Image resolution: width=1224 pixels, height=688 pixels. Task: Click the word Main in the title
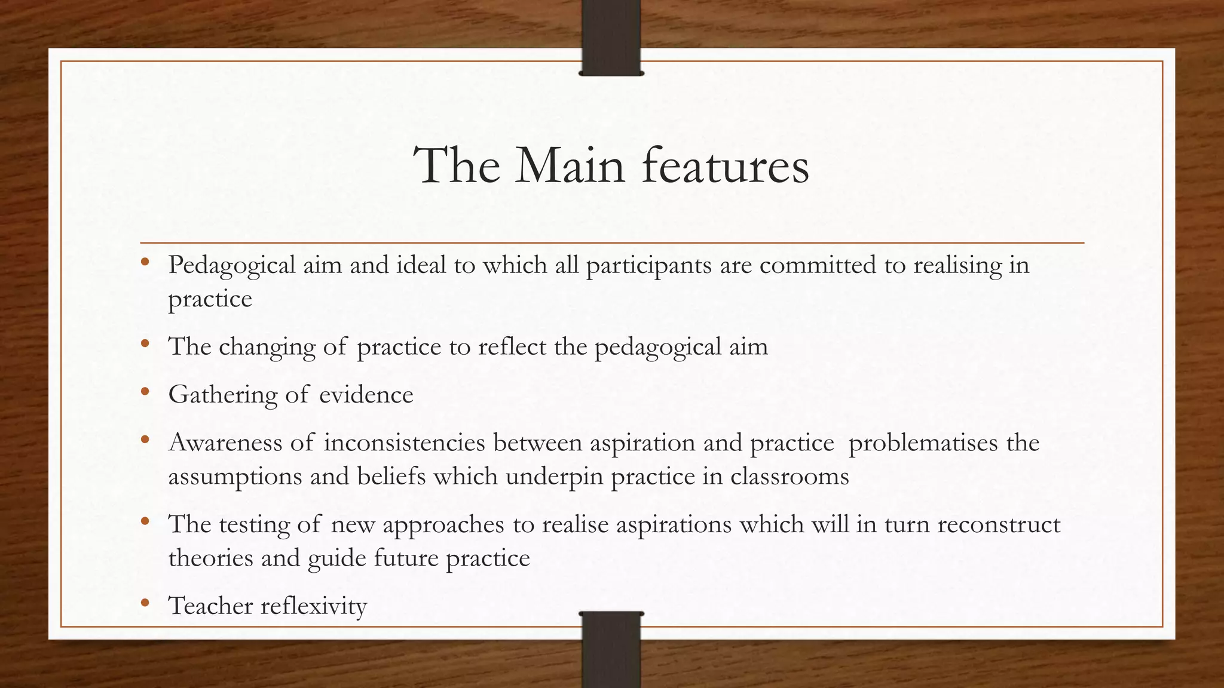(570, 165)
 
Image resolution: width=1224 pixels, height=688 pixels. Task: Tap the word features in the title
(726, 165)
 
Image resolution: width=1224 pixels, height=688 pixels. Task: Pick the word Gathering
(222, 395)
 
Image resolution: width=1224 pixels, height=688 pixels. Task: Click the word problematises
(923, 443)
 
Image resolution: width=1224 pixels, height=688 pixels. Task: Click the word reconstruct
(999, 524)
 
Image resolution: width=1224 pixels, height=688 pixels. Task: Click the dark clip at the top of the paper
(611, 38)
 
